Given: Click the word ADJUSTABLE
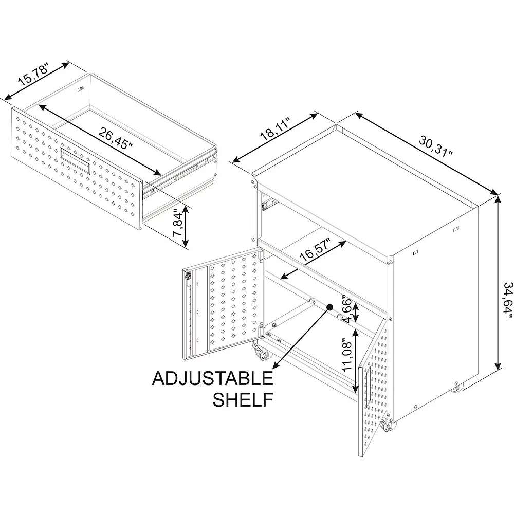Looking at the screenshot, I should pyautogui.click(x=212, y=379).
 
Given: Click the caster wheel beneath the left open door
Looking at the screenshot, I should pyautogui.click(x=260, y=354).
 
